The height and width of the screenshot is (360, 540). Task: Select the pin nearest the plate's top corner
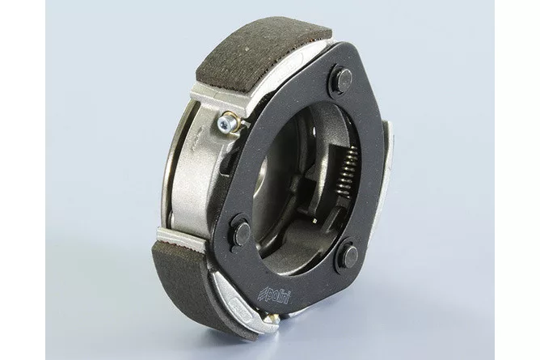click(x=343, y=78)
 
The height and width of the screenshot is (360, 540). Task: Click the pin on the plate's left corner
click(x=242, y=232)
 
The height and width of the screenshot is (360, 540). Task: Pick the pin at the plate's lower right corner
click(x=351, y=256)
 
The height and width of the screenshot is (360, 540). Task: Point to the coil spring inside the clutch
click(x=348, y=169)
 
